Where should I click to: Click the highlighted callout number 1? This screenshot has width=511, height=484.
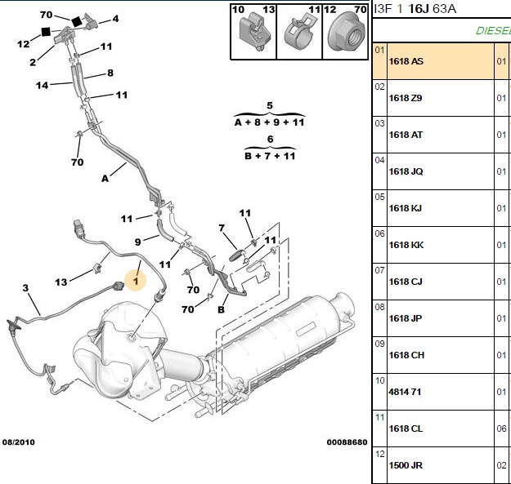[136, 281]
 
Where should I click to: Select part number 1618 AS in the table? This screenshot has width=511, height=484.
[406, 61]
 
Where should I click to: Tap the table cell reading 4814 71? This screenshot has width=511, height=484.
[405, 392]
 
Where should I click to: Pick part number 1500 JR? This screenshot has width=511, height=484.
[406, 465]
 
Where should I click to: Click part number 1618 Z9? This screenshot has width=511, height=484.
[406, 98]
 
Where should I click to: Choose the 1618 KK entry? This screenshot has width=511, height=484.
[406, 245]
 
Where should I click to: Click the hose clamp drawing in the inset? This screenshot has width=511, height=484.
[299, 33]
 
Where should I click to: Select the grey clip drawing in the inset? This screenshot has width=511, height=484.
[254, 33]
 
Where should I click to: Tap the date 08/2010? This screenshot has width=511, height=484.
[19, 442]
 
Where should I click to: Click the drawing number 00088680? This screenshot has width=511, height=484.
[347, 442]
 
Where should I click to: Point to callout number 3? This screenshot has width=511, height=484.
[25, 288]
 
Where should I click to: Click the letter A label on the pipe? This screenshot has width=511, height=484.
[105, 179]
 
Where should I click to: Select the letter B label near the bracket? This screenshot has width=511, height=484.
[221, 309]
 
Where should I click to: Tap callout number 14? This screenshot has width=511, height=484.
[42, 86]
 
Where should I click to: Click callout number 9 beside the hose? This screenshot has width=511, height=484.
[138, 242]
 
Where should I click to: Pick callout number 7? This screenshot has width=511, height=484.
[222, 228]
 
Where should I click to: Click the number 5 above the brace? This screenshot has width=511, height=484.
[270, 106]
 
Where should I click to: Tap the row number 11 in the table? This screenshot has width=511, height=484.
[379, 417]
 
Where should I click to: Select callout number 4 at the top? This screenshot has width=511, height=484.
[115, 19]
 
